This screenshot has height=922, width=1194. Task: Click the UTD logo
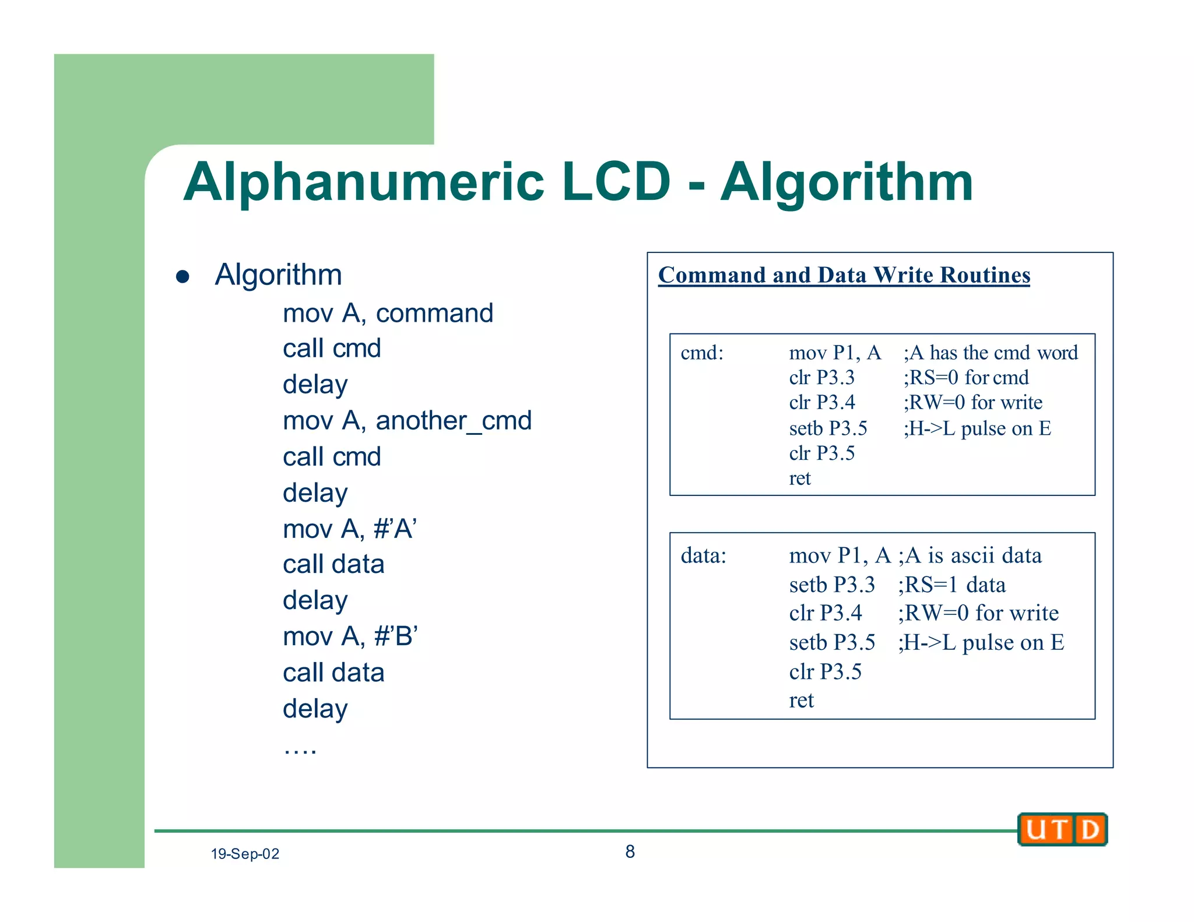[x=1062, y=829]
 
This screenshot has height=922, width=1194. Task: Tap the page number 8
[x=630, y=851]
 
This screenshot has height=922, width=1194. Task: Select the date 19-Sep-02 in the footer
[x=245, y=854]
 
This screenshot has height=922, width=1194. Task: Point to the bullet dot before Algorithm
[x=183, y=276]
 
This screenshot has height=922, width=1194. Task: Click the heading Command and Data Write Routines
[x=844, y=275]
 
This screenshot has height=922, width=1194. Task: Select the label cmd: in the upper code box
[x=702, y=353]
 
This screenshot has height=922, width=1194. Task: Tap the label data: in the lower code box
[x=704, y=555]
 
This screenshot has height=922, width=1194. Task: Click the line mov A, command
[x=388, y=314]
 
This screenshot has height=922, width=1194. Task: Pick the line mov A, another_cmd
[x=407, y=421]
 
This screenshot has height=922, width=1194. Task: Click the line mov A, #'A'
[x=350, y=529]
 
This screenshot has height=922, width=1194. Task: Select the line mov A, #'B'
[x=350, y=636]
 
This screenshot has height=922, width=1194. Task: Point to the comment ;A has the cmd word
[x=991, y=353]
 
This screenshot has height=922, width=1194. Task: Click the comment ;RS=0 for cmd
[x=966, y=378]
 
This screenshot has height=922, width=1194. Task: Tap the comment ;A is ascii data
[x=970, y=555]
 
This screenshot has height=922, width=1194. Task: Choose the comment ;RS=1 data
[x=952, y=585]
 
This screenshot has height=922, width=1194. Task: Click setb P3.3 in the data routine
[x=832, y=585]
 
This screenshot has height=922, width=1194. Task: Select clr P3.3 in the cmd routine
[x=822, y=378]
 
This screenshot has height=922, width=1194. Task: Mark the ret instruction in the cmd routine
[x=800, y=478]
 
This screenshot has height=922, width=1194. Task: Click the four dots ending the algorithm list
[x=300, y=749]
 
